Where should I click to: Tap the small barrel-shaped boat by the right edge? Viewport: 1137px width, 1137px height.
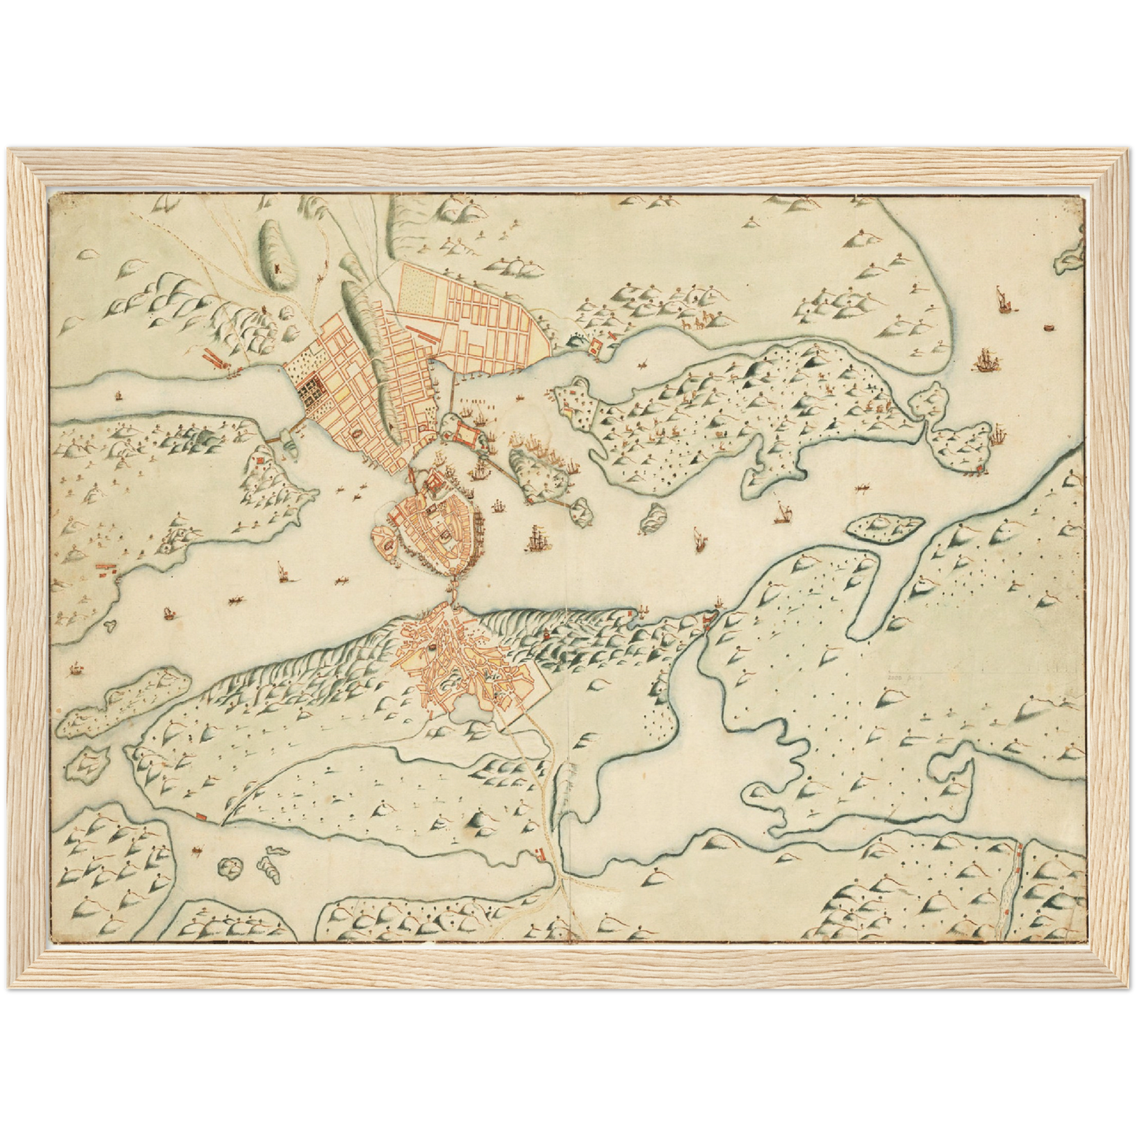click(1047, 327)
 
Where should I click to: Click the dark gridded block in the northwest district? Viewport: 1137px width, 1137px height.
click(315, 388)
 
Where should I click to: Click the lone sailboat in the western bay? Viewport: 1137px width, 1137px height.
click(281, 571)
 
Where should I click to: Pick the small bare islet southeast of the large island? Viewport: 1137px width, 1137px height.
click(652, 520)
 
